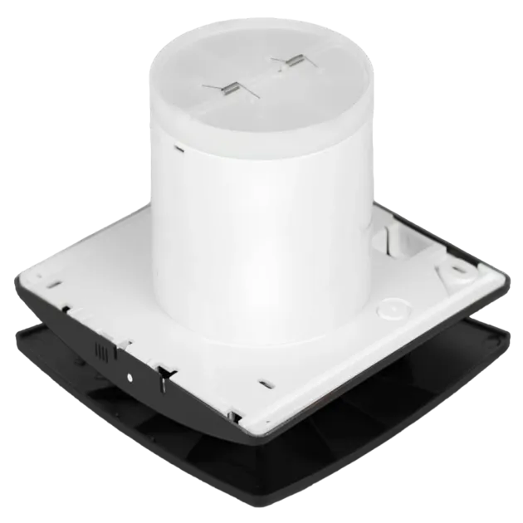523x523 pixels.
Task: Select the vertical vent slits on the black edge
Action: coord(104,351)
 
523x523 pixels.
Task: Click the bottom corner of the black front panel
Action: coord(241,490)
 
